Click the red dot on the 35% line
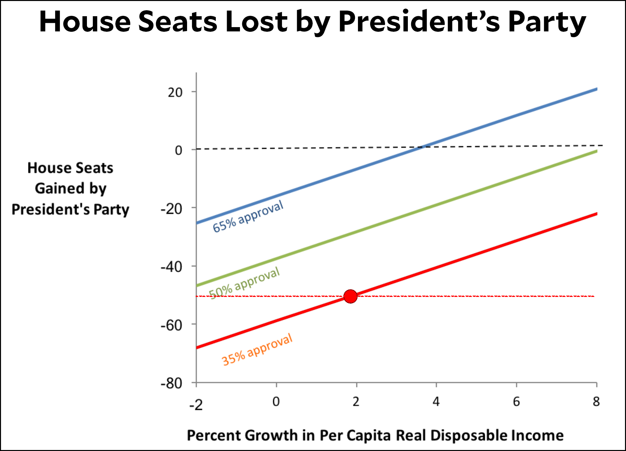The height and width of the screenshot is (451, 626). (350, 296)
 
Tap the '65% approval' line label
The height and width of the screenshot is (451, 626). (248, 217)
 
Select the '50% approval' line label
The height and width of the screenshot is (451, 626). (244, 283)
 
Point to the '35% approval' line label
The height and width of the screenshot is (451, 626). (257, 349)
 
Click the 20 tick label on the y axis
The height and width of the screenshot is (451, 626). (175, 92)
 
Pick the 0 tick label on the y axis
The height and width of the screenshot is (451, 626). (178, 150)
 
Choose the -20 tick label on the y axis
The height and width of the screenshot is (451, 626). (171, 209)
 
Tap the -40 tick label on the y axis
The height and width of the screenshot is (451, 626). (171, 267)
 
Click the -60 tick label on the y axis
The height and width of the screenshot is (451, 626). (171, 325)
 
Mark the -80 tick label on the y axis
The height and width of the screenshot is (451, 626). (171, 384)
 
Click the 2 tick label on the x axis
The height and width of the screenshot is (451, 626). (356, 402)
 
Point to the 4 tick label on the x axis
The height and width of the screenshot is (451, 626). (436, 402)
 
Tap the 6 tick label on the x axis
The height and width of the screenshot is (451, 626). (516, 402)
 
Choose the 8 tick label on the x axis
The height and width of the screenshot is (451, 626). (596, 402)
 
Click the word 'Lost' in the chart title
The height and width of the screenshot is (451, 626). (256, 22)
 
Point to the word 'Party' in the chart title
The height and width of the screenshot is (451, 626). (547, 22)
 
